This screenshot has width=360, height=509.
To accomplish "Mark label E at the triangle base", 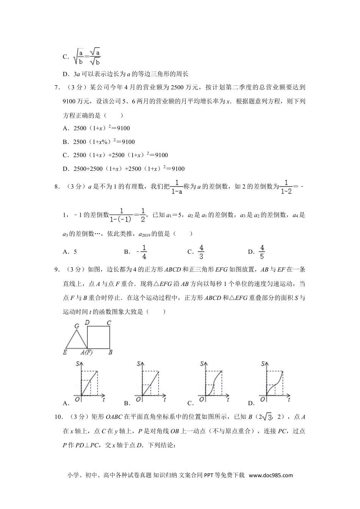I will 65,352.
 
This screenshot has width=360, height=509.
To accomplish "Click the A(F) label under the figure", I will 86,352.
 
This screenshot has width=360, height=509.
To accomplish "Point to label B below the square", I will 110,352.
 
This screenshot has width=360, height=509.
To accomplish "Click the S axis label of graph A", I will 78,364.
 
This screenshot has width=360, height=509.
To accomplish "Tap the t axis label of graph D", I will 289,399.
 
